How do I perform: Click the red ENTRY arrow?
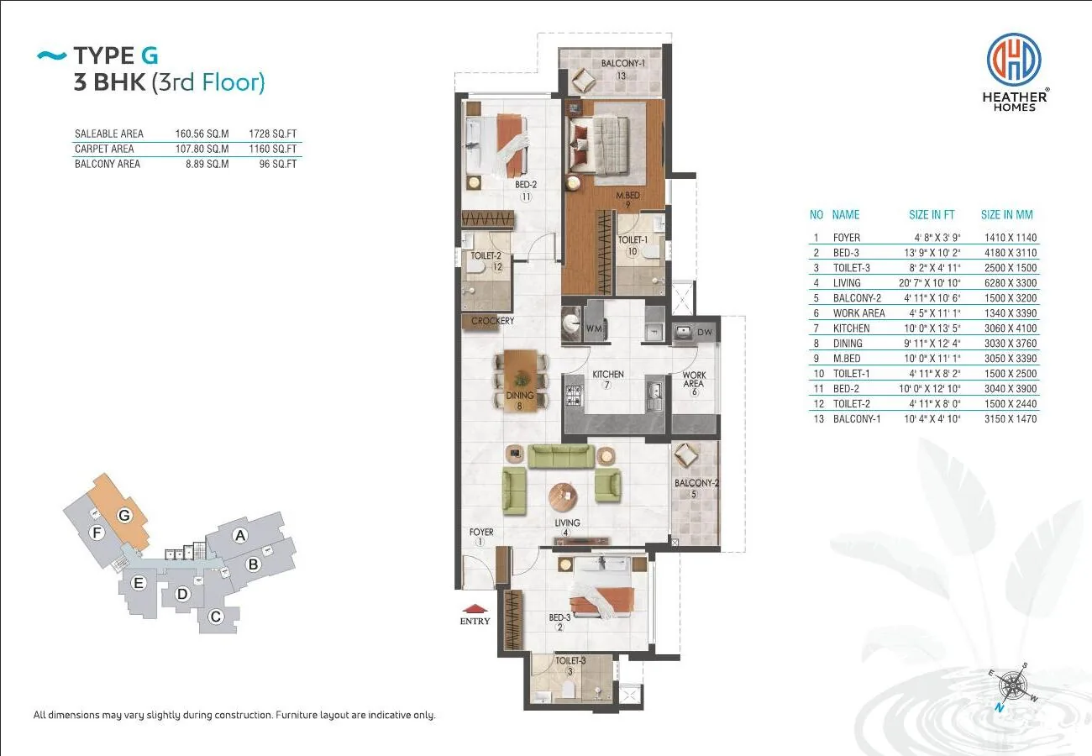475,608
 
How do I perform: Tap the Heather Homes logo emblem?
1014,60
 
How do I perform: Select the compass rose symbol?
1013,686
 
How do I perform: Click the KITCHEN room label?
608,375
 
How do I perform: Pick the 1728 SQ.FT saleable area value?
272,134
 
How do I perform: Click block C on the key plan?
216,617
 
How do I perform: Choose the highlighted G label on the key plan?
124,515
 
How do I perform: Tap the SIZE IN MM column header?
1006,214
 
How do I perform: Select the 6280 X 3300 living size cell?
1010,283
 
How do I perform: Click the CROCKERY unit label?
492,321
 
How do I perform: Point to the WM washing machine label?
594,328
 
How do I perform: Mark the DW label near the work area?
705,332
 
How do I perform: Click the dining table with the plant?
521,381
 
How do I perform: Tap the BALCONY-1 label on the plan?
623,63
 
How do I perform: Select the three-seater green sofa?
561,456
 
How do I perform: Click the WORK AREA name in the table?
858,313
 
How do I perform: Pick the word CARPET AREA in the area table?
104,149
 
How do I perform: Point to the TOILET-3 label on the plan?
570,660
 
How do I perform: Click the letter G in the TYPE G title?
150,55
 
